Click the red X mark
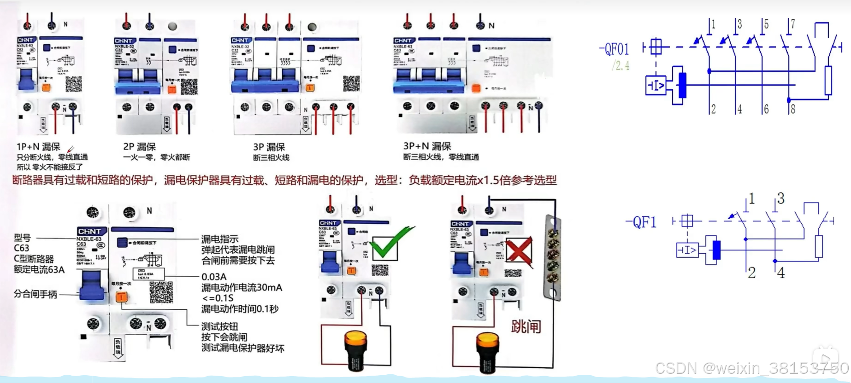tap(519, 251)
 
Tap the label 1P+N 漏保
tap(39, 147)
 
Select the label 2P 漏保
tap(139, 147)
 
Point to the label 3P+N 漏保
tap(427, 146)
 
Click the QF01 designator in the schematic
tap(615, 49)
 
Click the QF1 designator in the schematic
tap(641, 222)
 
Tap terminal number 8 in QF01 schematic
tap(793, 109)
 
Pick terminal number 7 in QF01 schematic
tap(793, 24)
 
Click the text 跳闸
tap(526, 327)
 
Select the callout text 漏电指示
tap(220, 239)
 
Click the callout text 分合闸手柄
tap(35, 294)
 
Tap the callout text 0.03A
tap(214, 277)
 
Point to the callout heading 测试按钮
tap(219, 326)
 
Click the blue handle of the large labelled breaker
tap(92, 286)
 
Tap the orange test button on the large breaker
tap(122, 296)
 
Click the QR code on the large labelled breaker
tap(161, 292)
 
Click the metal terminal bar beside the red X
tap(553, 258)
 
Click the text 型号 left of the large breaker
tap(22, 238)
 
